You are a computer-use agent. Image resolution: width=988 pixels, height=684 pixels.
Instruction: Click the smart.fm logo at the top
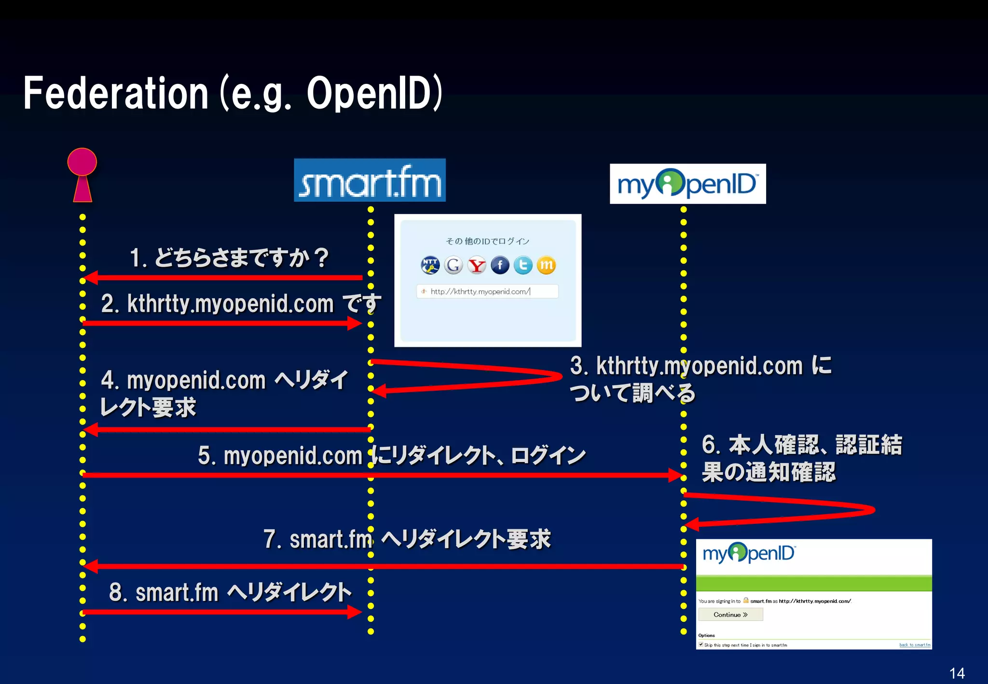pos(370,180)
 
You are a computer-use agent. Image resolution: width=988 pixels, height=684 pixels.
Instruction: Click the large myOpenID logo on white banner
pos(687,184)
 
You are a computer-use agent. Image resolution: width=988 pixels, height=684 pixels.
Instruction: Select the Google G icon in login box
pos(453,265)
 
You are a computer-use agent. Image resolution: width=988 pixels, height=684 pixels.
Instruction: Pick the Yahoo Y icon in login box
pos(477,265)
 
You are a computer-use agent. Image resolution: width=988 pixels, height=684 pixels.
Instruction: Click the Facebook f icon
pos(500,265)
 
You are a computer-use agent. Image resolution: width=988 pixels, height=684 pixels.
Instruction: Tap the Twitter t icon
pos(523,265)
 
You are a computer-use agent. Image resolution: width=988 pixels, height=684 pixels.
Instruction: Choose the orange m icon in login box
pos(546,265)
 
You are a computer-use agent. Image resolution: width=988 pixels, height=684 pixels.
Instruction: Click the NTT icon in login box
pos(430,265)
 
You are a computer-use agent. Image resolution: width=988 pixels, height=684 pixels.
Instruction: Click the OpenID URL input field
pos(487,291)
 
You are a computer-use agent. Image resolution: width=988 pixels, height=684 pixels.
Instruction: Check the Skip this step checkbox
pos(701,644)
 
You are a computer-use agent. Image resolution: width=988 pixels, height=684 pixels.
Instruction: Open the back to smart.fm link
pos(915,645)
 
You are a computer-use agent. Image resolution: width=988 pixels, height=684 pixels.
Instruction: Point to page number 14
pos(957,673)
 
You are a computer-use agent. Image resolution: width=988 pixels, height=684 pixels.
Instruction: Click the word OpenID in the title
pos(369,93)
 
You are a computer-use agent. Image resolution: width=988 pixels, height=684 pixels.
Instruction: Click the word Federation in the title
pos(116,93)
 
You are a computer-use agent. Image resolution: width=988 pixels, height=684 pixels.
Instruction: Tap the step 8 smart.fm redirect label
pos(230,592)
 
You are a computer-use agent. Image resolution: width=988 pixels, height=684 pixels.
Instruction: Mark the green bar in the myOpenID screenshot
pos(813,583)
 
